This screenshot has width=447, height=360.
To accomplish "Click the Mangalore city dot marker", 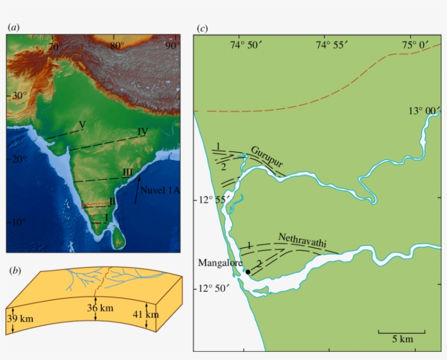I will [247, 272].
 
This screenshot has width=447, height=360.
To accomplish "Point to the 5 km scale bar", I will [402, 332].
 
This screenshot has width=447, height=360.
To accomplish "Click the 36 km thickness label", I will [100, 308].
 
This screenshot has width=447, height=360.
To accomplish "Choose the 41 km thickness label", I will [146, 314].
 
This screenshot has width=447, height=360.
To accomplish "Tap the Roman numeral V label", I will [82, 125].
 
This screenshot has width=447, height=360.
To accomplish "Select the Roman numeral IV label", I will [143, 131].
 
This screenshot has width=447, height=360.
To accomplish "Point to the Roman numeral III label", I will [128, 172].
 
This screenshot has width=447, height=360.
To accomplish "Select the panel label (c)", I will [202, 27].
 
